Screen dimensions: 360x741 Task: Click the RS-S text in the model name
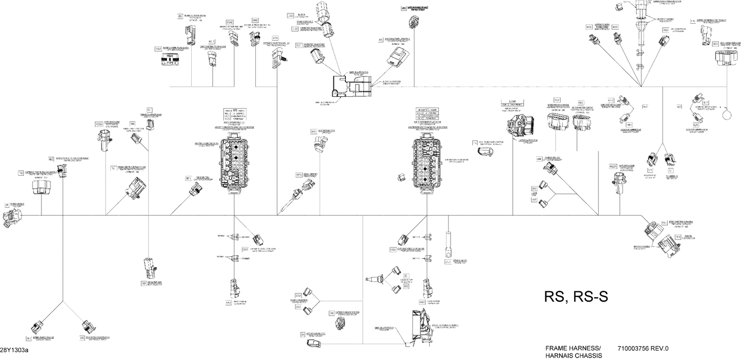coord(590,296)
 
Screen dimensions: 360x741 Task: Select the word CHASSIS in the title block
coord(587,356)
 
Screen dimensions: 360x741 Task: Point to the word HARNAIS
coord(558,356)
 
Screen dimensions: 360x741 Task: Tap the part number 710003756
coord(634,348)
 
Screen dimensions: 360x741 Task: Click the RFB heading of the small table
coord(235,111)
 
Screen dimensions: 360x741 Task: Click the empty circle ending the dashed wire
coord(727,114)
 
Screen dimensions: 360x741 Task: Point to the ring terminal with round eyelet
coord(449,252)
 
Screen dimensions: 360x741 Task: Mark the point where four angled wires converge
coord(641,86)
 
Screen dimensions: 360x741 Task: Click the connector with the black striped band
coord(169,58)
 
